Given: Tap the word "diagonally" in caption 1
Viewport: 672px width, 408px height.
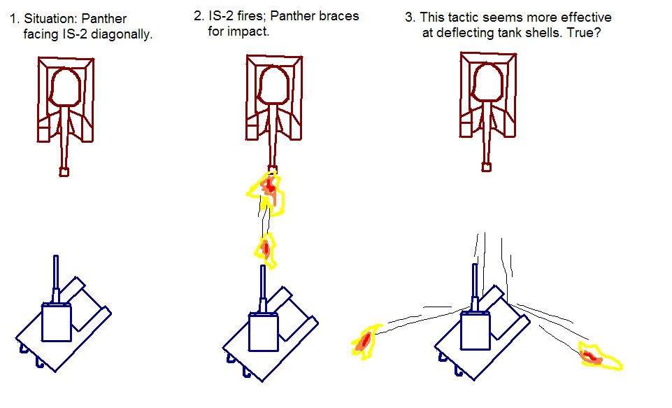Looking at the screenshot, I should [x=122, y=34].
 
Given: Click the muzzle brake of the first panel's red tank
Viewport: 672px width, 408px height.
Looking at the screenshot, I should [x=64, y=171].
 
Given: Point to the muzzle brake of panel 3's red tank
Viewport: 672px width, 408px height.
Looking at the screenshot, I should [x=486, y=167].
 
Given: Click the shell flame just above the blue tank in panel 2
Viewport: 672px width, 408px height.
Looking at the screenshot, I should [x=265, y=248].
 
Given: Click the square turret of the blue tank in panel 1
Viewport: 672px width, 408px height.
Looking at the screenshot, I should [x=55, y=324].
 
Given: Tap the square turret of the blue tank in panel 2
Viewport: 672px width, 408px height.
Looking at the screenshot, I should [x=264, y=330].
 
